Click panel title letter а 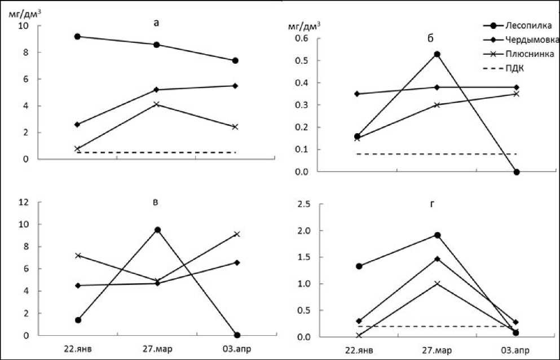pyautogui.click(x=156, y=23)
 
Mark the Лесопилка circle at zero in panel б pyautogui.click(x=516, y=172)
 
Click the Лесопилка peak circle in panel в pyautogui.click(x=158, y=230)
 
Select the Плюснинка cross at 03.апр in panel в pyautogui.click(x=237, y=234)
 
